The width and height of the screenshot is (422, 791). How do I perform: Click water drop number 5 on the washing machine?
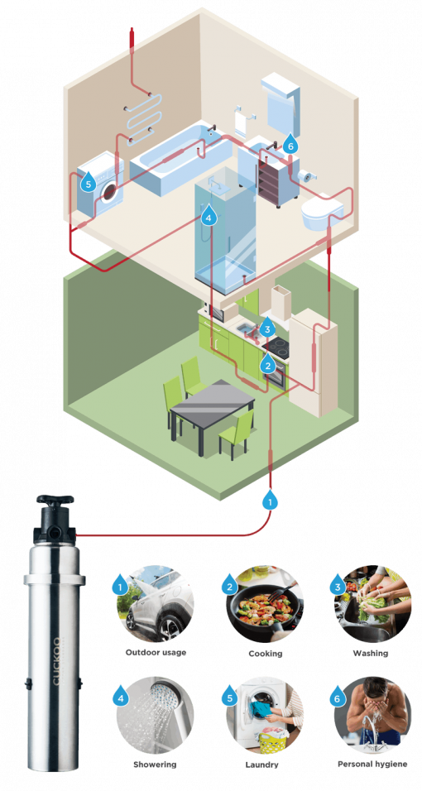pyautogui.click(x=88, y=182)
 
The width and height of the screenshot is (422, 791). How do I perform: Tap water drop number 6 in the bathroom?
pyautogui.click(x=289, y=144)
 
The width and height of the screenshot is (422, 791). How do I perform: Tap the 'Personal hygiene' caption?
pyautogui.click(x=372, y=764)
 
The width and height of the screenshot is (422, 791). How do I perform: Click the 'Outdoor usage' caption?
pyautogui.click(x=156, y=654)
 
